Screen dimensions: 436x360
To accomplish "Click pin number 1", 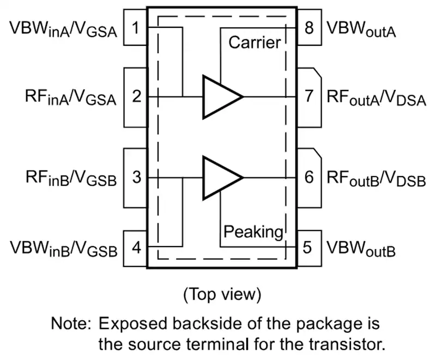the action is pos(135,28).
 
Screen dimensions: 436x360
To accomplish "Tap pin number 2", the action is pos(137,96).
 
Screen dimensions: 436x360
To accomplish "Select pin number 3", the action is pos(137,177).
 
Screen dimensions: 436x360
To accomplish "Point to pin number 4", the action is pos(136,247).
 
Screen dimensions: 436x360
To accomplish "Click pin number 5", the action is pos(307,247).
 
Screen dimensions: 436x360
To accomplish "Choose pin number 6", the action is pos(309,177).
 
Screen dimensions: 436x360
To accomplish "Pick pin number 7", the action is pos(309,96).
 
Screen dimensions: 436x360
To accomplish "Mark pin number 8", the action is pos(309,28).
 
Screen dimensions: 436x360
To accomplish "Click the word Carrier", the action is pos(255,42).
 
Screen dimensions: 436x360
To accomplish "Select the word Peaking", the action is pos(253,232).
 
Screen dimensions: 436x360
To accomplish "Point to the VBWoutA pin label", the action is pos(361,29).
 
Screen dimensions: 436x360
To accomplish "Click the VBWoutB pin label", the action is pos(361,248).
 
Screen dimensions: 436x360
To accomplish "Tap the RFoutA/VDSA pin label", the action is pos(376,97).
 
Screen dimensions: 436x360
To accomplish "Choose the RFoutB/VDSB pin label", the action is pos(376,178).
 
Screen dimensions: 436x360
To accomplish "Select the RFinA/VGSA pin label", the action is pos(71,97).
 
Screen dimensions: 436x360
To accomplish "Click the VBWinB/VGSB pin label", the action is pos(64,248).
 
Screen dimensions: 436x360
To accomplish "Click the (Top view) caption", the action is pos(222,294).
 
